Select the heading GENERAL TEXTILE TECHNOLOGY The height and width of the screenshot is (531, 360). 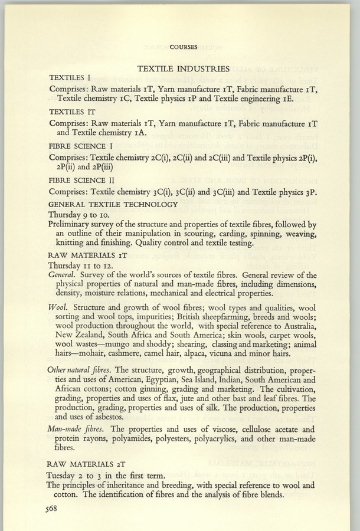coord(113,204)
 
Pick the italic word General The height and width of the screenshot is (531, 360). coord(61,274)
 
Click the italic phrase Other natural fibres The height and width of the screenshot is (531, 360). coord(80,369)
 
